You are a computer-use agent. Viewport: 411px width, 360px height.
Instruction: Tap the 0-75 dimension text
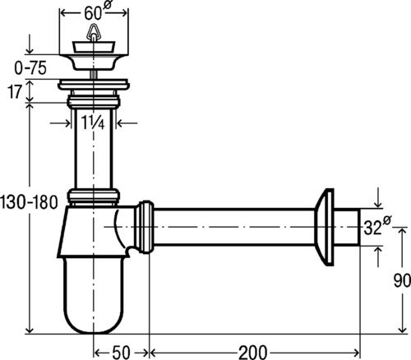point(30,68)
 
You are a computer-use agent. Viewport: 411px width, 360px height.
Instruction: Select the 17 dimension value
point(14,92)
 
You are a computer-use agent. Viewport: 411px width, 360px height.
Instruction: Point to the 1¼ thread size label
point(93,122)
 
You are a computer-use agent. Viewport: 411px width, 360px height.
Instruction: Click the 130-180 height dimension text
point(29,202)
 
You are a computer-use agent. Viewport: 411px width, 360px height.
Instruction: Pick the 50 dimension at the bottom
point(121,352)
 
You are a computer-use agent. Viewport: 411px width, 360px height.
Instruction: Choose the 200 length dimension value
point(252,352)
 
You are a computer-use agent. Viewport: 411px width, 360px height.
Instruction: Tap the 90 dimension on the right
point(402,280)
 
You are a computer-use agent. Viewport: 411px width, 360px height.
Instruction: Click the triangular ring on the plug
point(93,32)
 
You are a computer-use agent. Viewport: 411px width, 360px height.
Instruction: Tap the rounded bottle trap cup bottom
point(94,296)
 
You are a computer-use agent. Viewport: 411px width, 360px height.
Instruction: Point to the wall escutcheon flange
point(324,227)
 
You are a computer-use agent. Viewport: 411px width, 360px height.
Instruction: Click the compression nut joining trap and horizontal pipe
point(145,227)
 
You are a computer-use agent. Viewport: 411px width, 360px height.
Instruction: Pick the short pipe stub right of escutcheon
point(346,227)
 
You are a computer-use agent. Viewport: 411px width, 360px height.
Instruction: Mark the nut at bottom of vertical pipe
point(94,196)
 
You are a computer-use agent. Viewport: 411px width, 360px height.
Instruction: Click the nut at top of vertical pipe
point(94,100)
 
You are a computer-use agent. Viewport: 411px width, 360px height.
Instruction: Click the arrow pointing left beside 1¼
point(127,123)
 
